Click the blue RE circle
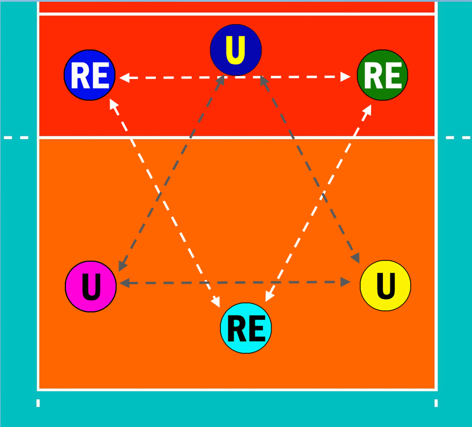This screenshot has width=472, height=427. click(x=90, y=75)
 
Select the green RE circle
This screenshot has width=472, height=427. click(x=382, y=75)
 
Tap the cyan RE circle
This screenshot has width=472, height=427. click(x=246, y=328)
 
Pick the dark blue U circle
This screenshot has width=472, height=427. click(x=236, y=50)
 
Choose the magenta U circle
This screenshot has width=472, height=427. click(x=91, y=287)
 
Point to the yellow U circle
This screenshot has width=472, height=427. click(x=385, y=285)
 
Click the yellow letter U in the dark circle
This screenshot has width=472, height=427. click(x=235, y=50)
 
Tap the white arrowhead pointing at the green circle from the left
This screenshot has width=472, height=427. click(x=345, y=77)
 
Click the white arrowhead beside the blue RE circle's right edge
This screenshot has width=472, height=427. click(x=124, y=78)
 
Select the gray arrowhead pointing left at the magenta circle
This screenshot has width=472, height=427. click(x=124, y=283)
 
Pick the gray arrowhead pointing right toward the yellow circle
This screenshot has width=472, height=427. click(x=345, y=282)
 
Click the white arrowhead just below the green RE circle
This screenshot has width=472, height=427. click(x=367, y=109)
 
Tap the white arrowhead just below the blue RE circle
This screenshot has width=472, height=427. click(x=114, y=104)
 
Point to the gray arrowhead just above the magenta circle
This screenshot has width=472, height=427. click(x=123, y=265)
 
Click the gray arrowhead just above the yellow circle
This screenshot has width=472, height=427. click(x=356, y=258)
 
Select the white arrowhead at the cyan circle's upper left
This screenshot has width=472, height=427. click(x=216, y=301)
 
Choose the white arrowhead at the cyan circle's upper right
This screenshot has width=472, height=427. click(x=269, y=296)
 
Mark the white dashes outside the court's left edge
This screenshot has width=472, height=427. click(x=16, y=137)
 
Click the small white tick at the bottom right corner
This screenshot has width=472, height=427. click(x=436, y=403)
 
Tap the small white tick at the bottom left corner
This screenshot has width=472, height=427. click(x=38, y=403)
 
